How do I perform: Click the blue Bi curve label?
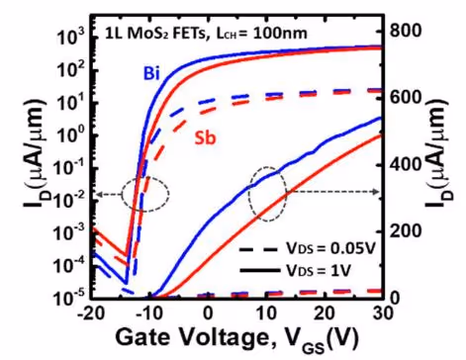[x=151, y=73]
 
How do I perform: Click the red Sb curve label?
[x=205, y=138]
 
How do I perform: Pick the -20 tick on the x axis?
[x=90, y=313]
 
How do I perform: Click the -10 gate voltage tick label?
[x=149, y=313]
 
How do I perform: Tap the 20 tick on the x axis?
[x=326, y=313]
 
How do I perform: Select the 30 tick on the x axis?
[x=384, y=313]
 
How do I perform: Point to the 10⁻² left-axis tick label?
[x=69, y=199]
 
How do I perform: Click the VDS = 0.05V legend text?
[x=330, y=249]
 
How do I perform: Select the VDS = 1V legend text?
[x=318, y=271]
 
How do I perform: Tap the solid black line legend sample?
[x=259, y=271]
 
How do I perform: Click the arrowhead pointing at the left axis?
[x=98, y=195]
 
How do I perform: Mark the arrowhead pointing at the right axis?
[x=377, y=192]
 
